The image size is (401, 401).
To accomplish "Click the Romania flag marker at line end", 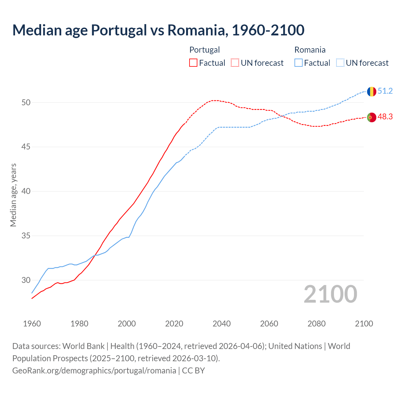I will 372,91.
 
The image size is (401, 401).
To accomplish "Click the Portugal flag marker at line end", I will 372,117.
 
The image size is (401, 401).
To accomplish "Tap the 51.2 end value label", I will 385,91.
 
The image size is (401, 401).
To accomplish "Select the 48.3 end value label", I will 385,117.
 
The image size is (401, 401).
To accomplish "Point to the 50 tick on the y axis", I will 26,103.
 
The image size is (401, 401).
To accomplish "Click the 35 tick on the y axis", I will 26,236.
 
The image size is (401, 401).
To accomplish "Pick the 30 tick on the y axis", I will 26,280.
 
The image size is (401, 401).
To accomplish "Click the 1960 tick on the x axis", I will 32,324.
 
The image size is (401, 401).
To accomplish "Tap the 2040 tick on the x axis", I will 221,324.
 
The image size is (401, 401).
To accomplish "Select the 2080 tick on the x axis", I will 316,324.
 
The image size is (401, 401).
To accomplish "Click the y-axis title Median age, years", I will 13,195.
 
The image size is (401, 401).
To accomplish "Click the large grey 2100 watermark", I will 330,294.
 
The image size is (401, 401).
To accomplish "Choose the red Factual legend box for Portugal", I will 193,63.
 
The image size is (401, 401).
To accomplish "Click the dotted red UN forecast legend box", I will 235,63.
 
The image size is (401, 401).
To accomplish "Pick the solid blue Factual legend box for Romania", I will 299,63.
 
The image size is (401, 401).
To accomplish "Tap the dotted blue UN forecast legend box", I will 340,63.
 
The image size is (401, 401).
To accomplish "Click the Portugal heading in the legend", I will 205,50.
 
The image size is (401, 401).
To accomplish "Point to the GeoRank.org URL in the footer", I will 94,371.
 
